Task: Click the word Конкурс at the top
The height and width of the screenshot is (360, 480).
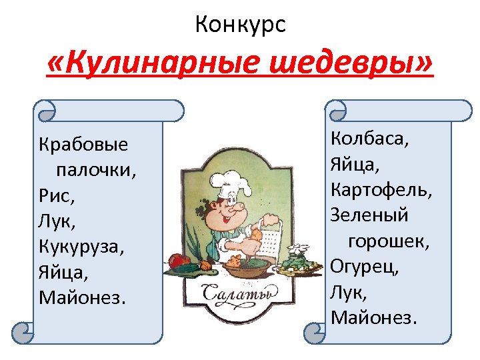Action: pos(240,25)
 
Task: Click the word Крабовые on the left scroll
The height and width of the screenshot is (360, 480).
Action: pos(83,145)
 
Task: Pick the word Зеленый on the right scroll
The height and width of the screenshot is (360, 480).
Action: pos(369,215)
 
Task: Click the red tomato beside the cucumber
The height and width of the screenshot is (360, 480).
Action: pos(177,261)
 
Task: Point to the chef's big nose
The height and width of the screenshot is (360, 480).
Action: pos(235,214)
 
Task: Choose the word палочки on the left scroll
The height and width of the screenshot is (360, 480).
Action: pos(96,170)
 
